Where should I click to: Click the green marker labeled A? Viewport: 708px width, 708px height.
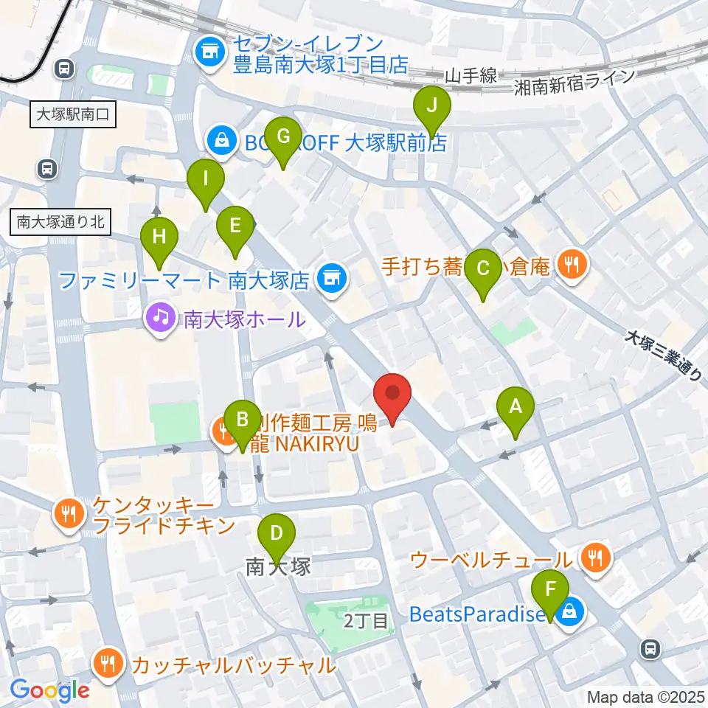click(x=516, y=407)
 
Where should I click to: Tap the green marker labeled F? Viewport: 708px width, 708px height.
click(x=551, y=591)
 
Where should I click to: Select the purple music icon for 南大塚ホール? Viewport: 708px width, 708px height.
click(x=159, y=319)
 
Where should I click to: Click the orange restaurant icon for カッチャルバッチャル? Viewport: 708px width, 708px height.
click(x=108, y=663)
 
